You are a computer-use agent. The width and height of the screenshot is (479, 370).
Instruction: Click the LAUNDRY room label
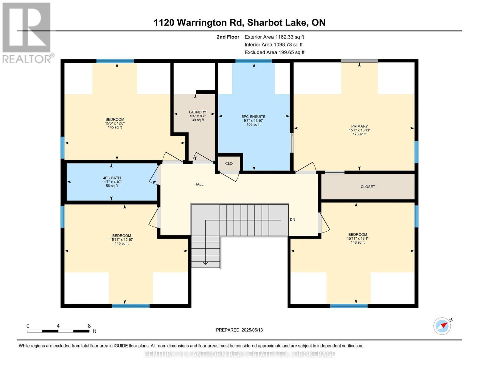pos(197,112)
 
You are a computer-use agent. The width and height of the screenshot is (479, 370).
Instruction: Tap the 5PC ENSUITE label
pos(254,117)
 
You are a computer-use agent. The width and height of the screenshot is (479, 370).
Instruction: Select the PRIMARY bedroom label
pos(359,126)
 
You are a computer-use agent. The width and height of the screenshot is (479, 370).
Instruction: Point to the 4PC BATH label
pos(112,178)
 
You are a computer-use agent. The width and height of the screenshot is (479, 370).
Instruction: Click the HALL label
pos(199,184)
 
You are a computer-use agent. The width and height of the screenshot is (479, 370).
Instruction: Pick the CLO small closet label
pos(229,163)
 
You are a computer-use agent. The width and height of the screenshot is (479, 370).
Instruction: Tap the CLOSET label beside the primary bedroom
pos(368,187)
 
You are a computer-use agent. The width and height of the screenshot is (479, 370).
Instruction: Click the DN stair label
pos(292,220)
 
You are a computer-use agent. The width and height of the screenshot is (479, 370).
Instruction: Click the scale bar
pos(58,331)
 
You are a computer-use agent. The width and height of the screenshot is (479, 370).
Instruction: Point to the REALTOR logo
pos(27,33)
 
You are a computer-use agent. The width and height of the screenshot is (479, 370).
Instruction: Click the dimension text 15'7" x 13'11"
pos(359,130)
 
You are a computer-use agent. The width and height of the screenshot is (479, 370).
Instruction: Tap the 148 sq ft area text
pos(357,242)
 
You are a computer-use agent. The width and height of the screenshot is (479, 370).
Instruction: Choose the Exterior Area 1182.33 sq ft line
pos(274,37)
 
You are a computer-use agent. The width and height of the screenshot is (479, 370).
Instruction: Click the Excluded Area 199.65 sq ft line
pos(275,52)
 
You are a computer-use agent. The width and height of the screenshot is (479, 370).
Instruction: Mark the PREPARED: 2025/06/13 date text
pos(239,330)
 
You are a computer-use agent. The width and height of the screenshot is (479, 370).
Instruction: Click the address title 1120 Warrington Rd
pos(198,23)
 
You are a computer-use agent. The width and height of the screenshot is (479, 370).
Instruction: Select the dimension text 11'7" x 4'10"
pos(112,182)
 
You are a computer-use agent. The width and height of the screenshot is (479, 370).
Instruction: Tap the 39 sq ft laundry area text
pos(197,120)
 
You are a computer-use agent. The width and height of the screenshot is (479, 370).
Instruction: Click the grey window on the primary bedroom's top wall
pos(359,61)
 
